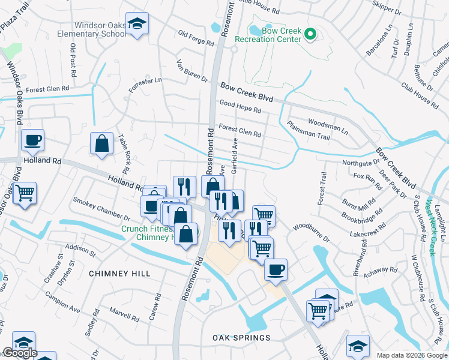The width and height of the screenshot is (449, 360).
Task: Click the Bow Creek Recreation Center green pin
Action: [x=310, y=34]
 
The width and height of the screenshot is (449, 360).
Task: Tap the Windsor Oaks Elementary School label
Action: [x=101, y=30]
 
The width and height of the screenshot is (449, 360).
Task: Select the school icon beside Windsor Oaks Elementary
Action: [x=137, y=24]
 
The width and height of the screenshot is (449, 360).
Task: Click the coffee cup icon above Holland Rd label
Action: [x=32, y=140]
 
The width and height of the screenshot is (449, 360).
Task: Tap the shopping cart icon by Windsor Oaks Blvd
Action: [x=25, y=193]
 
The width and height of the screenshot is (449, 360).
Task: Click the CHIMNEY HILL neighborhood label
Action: [x=119, y=274]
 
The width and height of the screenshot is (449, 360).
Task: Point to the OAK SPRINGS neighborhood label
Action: [x=241, y=338]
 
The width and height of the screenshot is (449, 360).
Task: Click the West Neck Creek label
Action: [x=430, y=220]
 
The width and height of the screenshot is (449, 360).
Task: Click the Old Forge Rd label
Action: [x=196, y=38]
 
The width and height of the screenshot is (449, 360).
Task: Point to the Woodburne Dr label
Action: [x=311, y=232]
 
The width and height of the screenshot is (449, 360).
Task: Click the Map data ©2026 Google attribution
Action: [x=412, y=355]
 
